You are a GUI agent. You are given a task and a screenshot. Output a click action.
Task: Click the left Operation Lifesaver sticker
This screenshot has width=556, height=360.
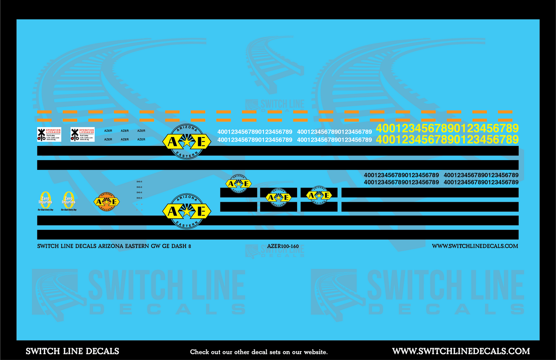click(49, 134)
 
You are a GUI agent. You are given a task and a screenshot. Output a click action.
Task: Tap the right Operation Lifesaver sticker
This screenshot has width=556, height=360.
click(82, 134)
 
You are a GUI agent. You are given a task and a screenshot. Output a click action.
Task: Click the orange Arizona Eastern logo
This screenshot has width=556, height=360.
click(107, 202)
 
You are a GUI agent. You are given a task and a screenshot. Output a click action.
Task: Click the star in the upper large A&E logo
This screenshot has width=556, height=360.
click(187, 142)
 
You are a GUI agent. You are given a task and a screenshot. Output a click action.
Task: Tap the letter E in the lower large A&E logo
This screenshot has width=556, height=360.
click(201, 211)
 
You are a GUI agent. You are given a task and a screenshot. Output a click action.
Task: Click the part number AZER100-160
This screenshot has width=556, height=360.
click(283, 246)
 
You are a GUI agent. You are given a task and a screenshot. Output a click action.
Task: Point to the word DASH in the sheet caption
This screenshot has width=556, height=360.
click(179, 246)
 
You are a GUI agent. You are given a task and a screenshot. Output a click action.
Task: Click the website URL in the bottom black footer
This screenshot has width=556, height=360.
click(461, 351)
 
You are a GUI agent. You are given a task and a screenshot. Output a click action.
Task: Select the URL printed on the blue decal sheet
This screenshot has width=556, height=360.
click(475, 246)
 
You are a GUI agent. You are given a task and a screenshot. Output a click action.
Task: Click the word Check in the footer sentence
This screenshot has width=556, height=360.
click(199, 352)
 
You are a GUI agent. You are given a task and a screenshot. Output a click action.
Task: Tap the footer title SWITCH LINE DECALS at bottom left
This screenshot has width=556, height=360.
click(72, 351)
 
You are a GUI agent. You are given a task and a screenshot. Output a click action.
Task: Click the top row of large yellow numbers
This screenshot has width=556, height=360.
click(447, 128)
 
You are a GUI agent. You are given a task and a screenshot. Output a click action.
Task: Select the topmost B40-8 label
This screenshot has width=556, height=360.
click(139, 182)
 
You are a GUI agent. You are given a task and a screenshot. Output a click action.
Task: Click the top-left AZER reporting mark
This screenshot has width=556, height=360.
click(108, 131)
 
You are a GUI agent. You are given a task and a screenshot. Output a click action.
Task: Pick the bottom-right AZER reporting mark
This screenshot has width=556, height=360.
click(141, 139)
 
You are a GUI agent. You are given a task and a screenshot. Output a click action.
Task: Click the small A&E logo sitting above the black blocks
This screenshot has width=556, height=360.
click(239, 184)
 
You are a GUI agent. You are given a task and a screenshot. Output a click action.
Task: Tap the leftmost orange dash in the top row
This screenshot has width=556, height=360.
click(44, 112)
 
